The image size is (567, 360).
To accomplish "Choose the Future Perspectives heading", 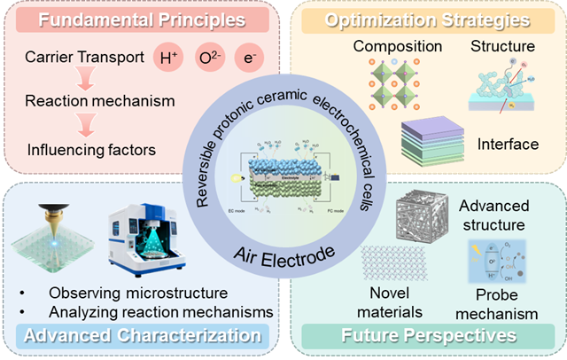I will [429, 335].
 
